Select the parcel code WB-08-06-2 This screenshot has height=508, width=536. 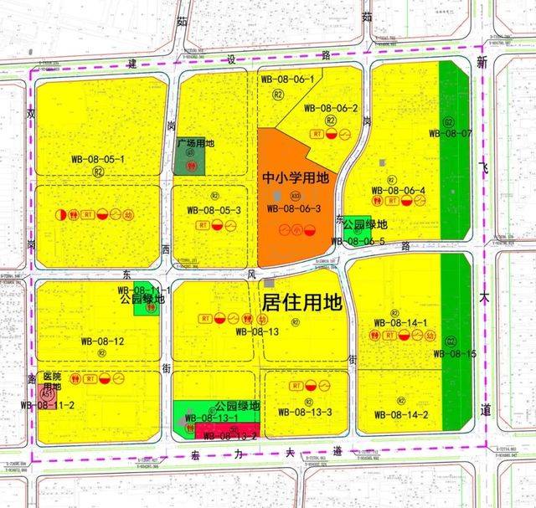[331, 108]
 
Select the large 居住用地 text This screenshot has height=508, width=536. [302, 300]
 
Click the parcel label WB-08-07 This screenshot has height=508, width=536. [450, 132]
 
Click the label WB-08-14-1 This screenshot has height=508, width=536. [401, 322]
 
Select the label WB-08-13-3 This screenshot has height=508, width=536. [307, 411]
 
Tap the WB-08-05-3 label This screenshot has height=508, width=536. [214, 210]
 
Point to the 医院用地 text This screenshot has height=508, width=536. [52, 382]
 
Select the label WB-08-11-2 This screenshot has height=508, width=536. [49, 405]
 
